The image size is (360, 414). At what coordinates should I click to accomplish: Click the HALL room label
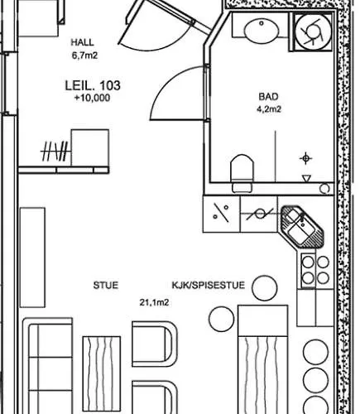pos(83,42)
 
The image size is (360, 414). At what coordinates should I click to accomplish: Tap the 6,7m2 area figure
pos(84,55)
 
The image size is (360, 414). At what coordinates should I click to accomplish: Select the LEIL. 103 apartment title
pos(93,85)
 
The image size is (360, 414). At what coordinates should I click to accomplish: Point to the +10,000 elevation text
pos(92,98)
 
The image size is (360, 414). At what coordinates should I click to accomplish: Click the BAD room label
pos(268,97)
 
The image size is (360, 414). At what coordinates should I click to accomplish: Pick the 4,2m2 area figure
pos(269,109)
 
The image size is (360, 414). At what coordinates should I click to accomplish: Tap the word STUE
pos(106,285)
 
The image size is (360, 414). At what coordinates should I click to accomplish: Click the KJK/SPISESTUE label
pos(209,285)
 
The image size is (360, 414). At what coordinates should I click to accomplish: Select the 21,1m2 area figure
pos(154,302)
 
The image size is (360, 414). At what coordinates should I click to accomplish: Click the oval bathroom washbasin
pos(262,31)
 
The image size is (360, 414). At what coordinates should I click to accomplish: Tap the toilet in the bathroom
pos(242,173)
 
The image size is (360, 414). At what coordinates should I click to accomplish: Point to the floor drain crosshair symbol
pos(305,158)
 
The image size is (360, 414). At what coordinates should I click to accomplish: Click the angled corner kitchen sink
pos(302,226)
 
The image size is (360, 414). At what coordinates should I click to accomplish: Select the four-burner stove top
pos(315,271)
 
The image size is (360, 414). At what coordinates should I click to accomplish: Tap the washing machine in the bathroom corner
pos(313,32)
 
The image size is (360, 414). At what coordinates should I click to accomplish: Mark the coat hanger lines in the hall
pos(55,151)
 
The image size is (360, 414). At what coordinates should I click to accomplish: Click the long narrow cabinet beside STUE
pos(32,258)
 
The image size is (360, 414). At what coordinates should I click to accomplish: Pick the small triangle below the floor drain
pos(306,178)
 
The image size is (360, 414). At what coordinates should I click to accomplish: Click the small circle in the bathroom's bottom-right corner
pos(324,189)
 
